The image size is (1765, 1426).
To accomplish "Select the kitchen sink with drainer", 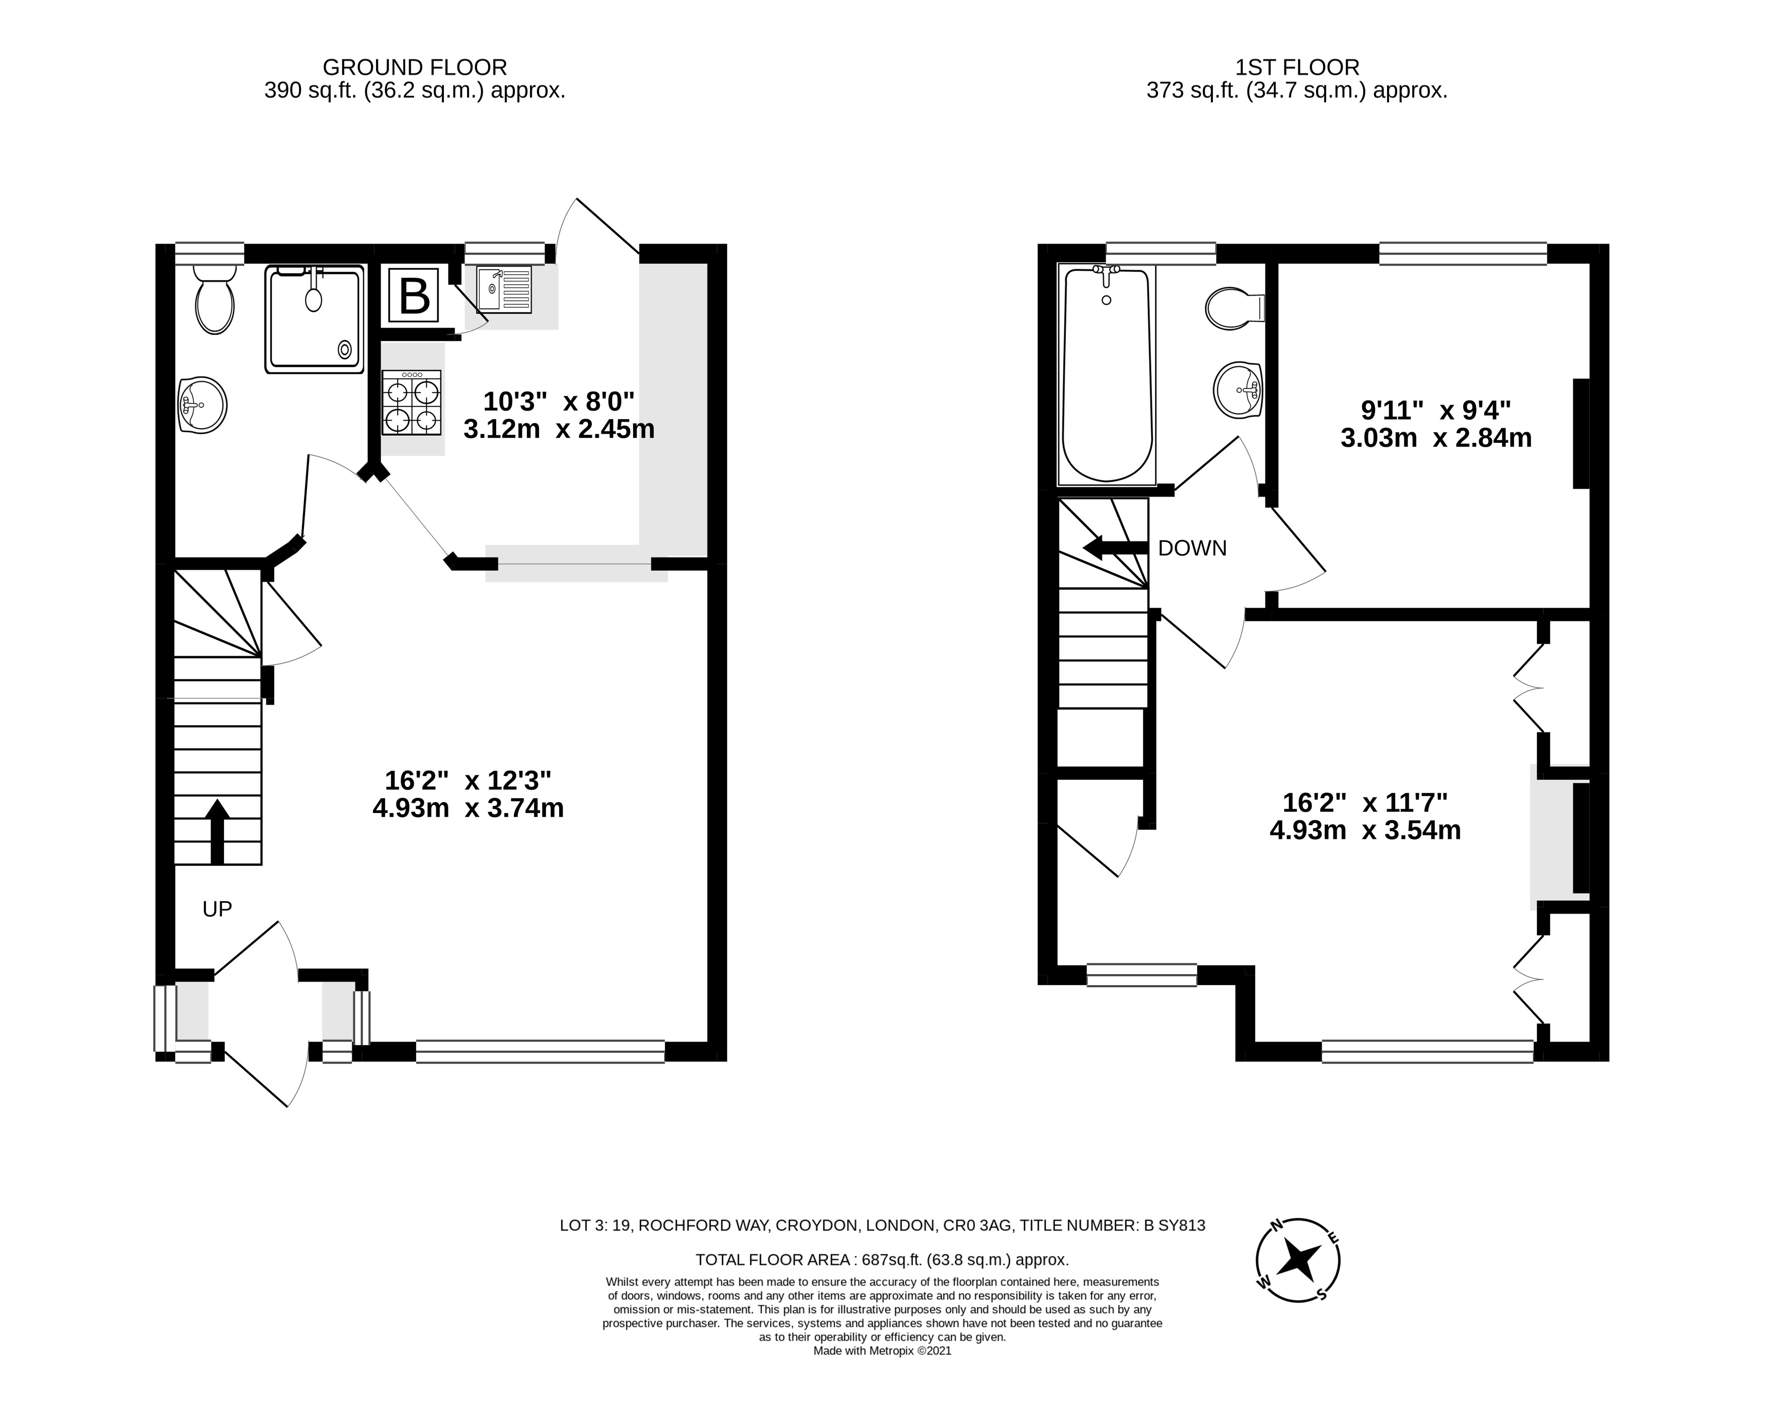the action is tap(504, 288).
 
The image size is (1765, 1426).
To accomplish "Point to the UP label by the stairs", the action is tap(218, 909).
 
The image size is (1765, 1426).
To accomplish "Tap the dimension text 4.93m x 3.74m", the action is tap(469, 808).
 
